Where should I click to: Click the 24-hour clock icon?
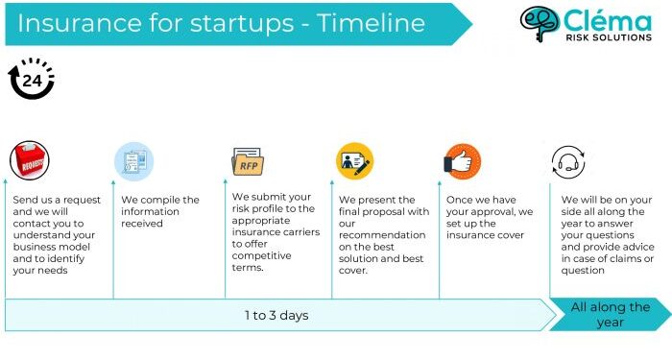(32, 81)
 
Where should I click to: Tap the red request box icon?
(29, 160)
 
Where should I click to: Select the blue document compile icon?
(133, 160)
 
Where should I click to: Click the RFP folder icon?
(247, 160)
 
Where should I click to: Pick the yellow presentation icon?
(354, 160)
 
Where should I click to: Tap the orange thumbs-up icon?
(462, 160)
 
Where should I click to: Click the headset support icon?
(568, 160)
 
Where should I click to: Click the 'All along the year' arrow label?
(610, 315)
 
